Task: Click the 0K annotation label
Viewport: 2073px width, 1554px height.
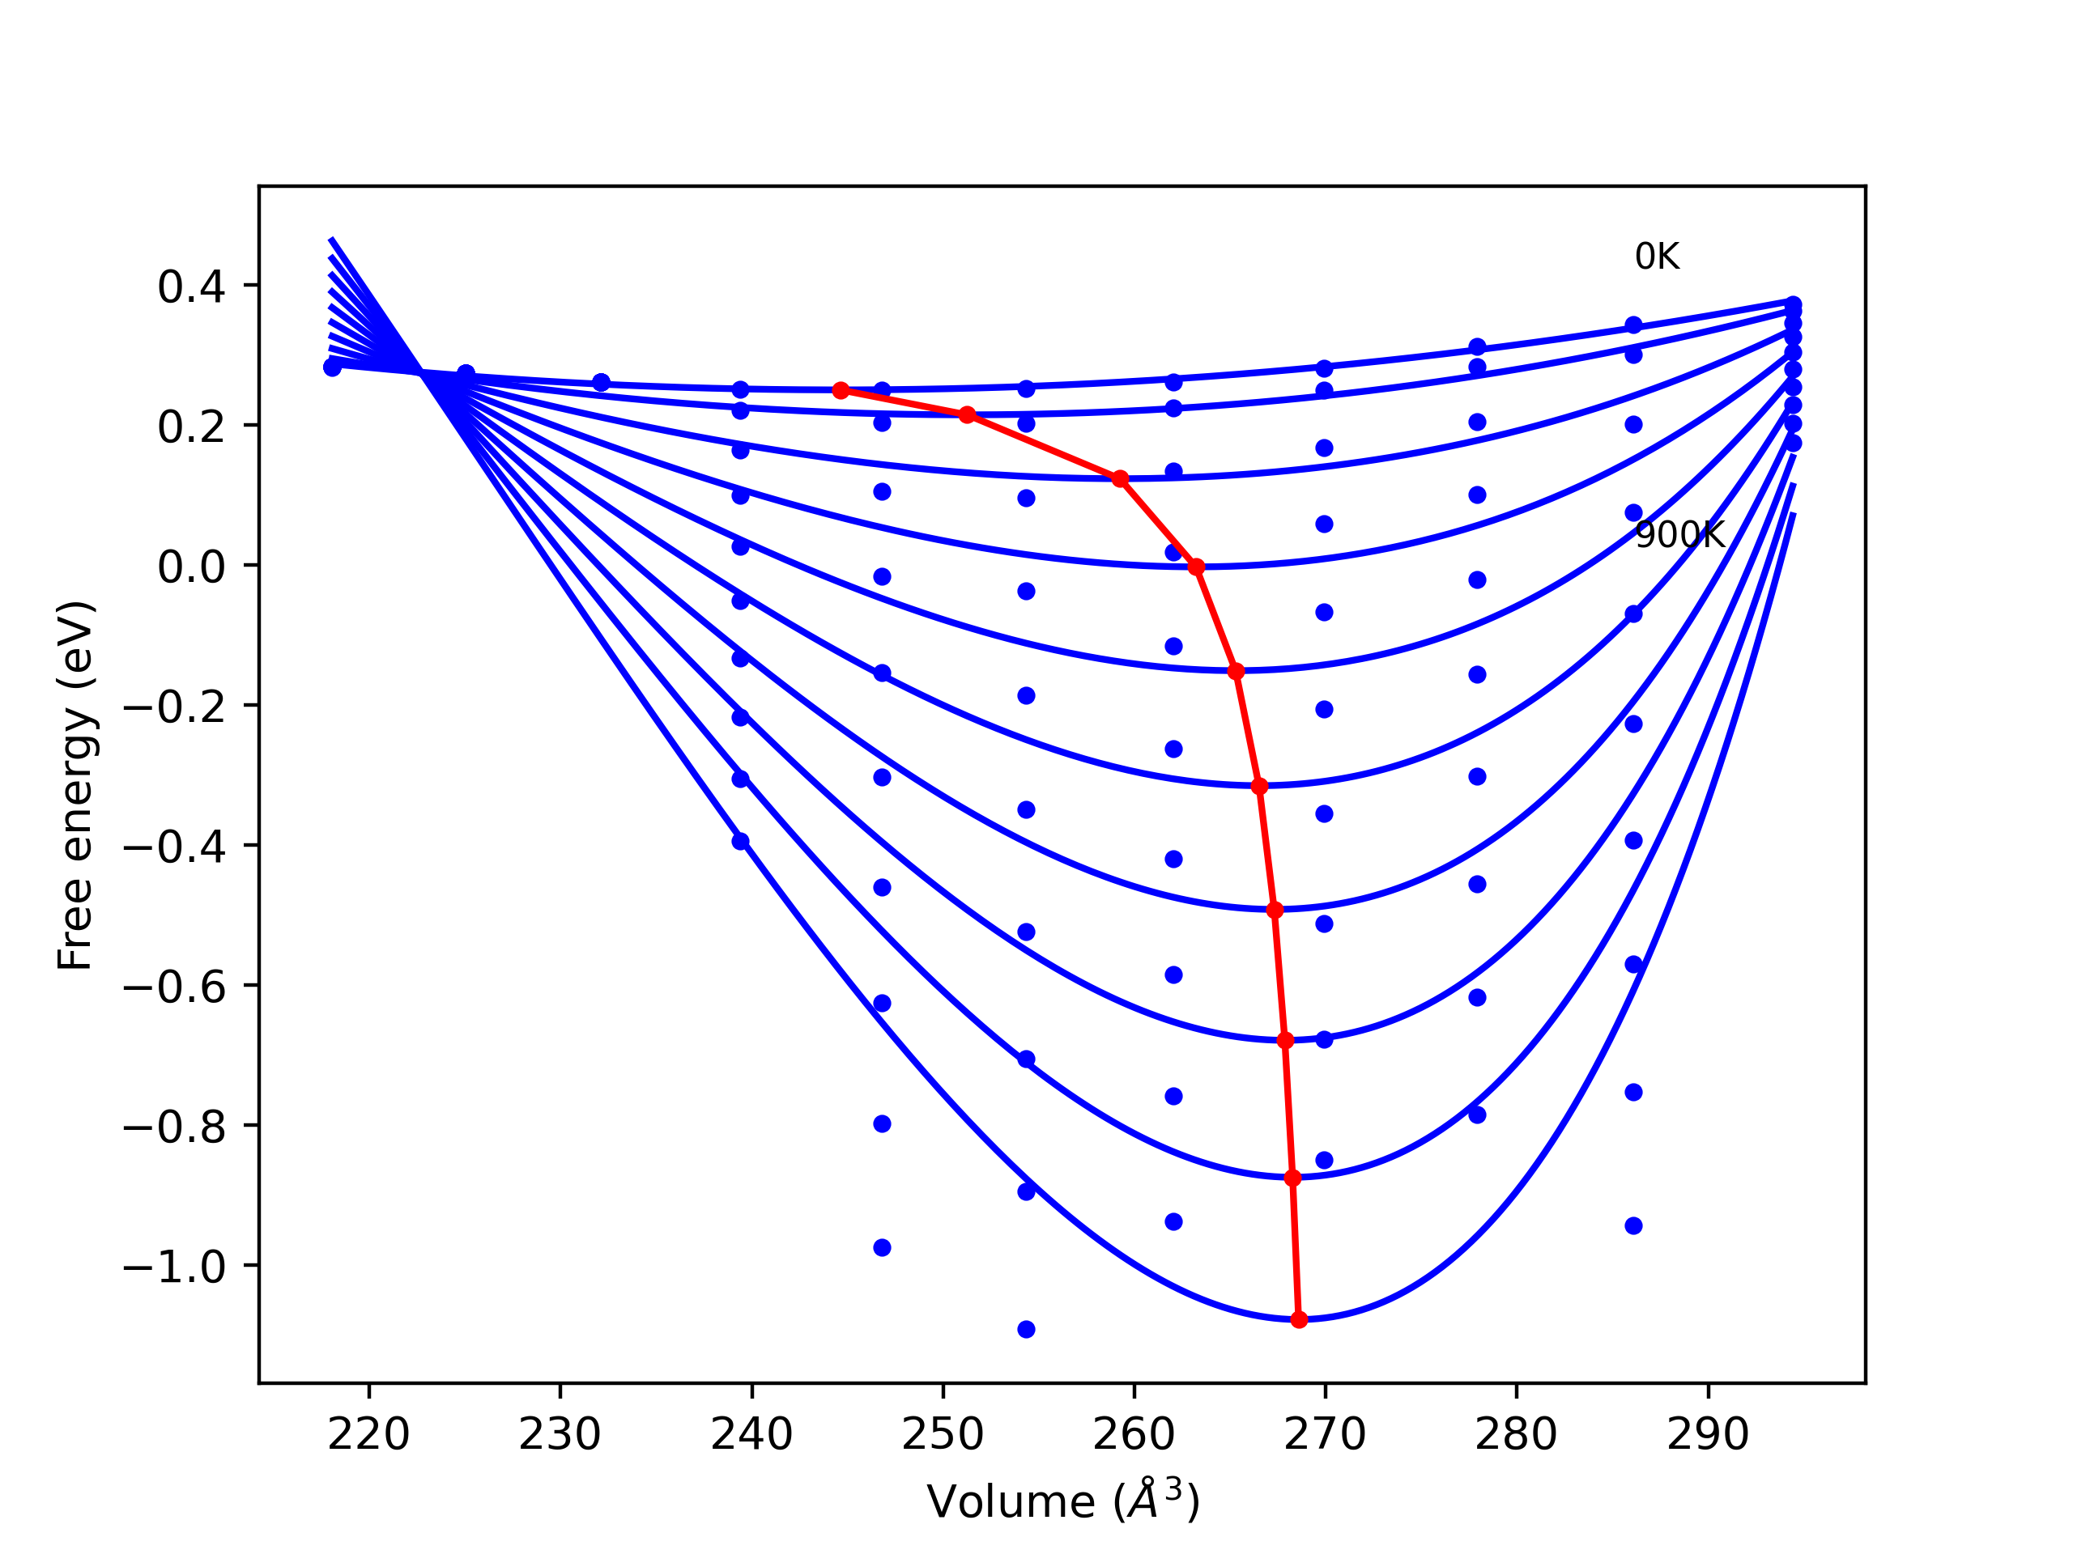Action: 1657,257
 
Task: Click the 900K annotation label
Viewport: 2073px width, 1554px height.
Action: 1679,535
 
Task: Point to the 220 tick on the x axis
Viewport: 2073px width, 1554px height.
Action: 368,1435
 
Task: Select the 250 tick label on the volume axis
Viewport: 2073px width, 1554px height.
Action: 943,1435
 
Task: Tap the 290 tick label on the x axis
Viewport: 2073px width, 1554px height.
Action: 1708,1435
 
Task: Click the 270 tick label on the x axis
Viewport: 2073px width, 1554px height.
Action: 1325,1435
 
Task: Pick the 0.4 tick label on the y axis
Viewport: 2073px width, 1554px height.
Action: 191,287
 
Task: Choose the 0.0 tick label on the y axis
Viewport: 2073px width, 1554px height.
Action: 191,567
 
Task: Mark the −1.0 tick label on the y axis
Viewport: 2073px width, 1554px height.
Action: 175,1268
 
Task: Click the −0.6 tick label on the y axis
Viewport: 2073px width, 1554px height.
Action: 175,988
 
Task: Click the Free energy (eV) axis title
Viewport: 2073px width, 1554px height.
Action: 75,785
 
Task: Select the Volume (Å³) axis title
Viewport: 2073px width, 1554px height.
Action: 1062,1501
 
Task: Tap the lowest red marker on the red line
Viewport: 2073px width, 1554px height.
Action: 1299,1320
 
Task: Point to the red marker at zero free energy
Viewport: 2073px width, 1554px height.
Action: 1197,567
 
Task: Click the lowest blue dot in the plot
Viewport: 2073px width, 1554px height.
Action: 1026,1330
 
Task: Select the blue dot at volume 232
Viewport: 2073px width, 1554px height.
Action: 602,382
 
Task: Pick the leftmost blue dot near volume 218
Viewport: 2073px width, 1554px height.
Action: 332,368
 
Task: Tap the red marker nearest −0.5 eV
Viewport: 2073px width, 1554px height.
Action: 1275,911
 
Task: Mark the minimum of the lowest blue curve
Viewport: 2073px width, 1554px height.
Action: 1299,1320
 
